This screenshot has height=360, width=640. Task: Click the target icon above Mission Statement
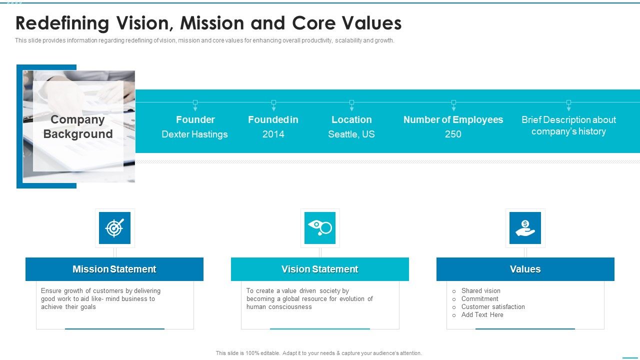click(x=114, y=228)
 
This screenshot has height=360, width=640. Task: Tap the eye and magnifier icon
click(x=320, y=228)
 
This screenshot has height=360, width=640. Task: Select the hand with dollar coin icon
click(x=525, y=228)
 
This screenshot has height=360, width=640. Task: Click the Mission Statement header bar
click(x=114, y=269)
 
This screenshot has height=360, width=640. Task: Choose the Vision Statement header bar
click(x=320, y=269)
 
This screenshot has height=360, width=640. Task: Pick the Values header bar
click(x=525, y=269)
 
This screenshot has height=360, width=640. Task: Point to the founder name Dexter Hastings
click(x=194, y=134)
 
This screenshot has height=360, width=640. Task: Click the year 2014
click(x=273, y=134)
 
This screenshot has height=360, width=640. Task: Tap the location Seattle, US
click(x=351, y=134)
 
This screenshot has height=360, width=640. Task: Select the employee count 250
click(x=453, y=134)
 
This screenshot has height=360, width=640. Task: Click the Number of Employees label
click(x=453, y=119)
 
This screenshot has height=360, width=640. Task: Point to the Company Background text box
click(x=78, y=126)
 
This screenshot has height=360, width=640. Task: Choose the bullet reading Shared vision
click(x=480, y=290)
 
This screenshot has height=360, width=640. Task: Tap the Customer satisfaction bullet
click(x=493, y=306)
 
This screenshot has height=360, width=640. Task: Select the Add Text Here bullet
click(x=482, y=314)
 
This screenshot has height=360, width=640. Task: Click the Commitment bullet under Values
click(x=479, y=298)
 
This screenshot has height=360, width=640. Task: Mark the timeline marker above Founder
click(x=195, y=102)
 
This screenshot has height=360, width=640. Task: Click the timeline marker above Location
click(x=351, y=102)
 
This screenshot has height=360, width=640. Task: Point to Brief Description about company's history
click(x=568, y=125)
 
